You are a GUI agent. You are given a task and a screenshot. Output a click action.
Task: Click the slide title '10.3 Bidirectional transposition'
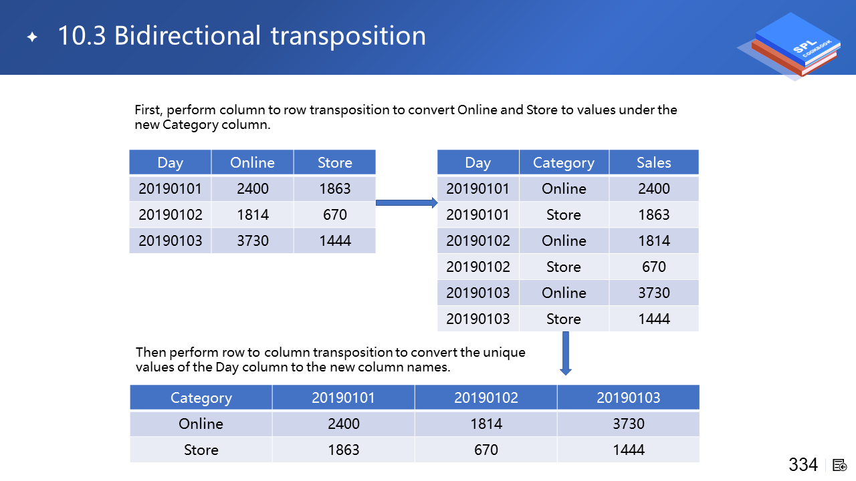242,35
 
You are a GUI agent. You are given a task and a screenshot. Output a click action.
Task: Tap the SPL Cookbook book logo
790,46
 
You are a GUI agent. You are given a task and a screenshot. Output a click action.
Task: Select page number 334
803,464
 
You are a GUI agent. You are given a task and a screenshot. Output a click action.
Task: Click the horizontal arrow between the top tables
407,202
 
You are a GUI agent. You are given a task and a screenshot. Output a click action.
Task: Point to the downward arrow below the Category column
566,353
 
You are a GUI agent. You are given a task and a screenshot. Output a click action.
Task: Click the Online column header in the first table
252,162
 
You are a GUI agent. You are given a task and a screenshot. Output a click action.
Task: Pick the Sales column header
654,162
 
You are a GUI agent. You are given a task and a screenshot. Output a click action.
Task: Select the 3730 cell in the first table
252,240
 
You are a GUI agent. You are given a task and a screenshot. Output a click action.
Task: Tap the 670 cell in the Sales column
654,267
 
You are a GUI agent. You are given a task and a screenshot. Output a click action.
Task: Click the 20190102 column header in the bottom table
486,397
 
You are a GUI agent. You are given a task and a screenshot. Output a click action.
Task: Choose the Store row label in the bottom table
201,450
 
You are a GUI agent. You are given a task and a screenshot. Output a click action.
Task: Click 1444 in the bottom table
629,450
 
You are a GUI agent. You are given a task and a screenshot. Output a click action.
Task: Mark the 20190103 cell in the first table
170,240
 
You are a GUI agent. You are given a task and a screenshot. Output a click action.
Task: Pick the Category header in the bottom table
201,397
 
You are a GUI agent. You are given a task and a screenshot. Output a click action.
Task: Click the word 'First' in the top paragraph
148,110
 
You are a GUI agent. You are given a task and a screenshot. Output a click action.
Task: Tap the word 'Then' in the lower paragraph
150,352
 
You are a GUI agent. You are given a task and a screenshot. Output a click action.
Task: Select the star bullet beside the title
33,37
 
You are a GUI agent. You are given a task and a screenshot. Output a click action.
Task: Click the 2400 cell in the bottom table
344,424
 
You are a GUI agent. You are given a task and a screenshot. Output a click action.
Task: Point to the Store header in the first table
335,162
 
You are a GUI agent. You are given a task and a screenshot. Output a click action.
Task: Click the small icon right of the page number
839,466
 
